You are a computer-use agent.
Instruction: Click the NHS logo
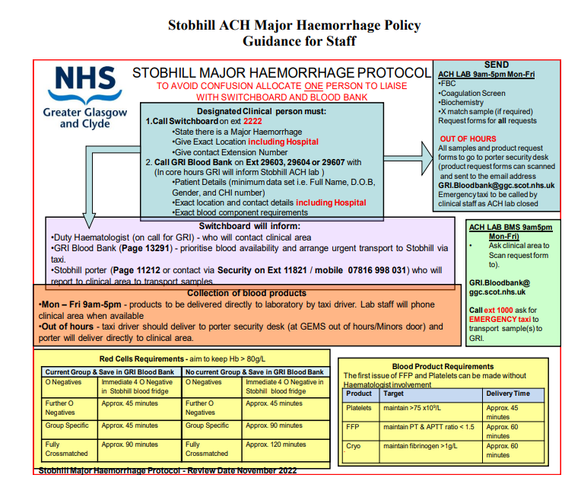click(84, 79)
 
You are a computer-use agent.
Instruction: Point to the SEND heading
click(496, 65)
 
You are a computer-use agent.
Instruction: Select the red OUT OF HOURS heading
click(467, 139)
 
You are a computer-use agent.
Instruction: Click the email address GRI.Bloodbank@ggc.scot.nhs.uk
click(496, 185)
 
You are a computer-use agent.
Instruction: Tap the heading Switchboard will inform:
click(249, 226)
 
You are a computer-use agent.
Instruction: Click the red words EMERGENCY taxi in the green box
click(500, 320)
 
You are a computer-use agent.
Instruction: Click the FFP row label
click(353, 427)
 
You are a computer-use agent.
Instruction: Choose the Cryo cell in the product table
click(354, 446)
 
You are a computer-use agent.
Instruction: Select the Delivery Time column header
click(508, 393)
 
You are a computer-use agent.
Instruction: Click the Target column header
click(394, 393)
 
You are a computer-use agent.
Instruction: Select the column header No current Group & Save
click(255, 372)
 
